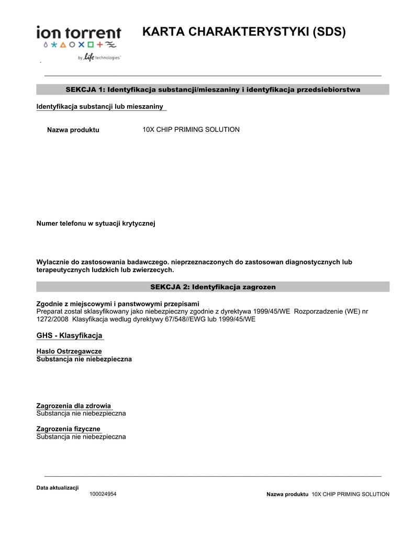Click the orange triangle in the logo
pyautogui.click(x=63, y=46)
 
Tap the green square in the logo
pyautogui.click(x=90, y=46)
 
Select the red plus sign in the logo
pyautogui.click(x=99, y=46)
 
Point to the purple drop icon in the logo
pyautogui.click(x=46, y=46)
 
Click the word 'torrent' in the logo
pyautogui.click(x=94, y=32)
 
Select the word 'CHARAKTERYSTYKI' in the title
pyautogui.click(x=244, y=32)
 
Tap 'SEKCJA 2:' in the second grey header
pyautogui.click(x=170, y=287)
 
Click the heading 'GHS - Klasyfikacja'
pyautogui.click(x=69, y=335)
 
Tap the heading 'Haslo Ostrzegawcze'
pyautogui.click(x=69, y=351)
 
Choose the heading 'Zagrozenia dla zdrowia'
pyautogui.click(x=73, y=406)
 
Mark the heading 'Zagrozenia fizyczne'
pyautogui.click(x=68, y=429)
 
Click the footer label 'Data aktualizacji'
pyautogui.click(x=57, y=488)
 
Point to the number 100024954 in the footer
pyautogui.click(x=103, y=494)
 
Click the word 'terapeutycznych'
pyautogui.click(x=62, y=270)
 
